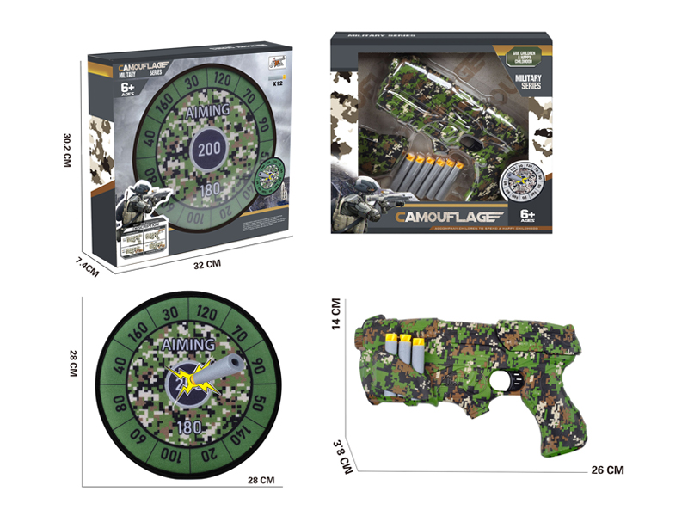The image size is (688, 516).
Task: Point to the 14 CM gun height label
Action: click(336, 313)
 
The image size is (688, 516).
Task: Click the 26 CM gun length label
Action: click(607, 470)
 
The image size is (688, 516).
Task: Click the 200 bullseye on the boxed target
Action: click(209, 147)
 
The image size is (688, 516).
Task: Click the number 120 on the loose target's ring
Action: click(206, 313)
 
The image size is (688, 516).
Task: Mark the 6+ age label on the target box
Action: click(127, 90)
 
